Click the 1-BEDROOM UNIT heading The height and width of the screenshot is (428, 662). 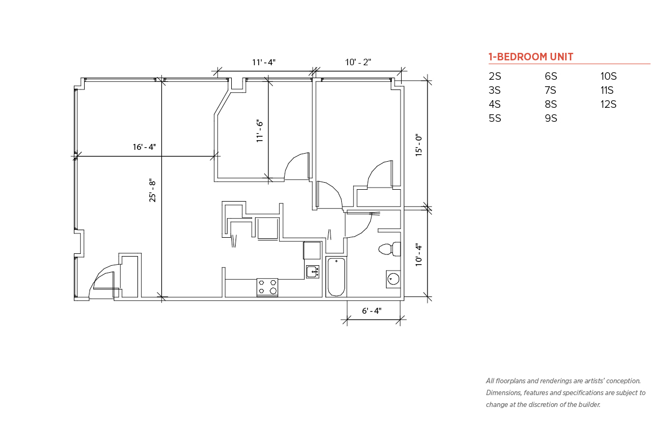(x=531, y=57)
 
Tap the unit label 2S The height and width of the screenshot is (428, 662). (x=495, y=76)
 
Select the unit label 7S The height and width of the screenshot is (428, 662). (x=550, y=90)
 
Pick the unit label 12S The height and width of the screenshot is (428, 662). (x=608, y=105)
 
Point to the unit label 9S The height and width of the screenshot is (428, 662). (x=551, y=118)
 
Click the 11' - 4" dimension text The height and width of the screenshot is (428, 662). (x=264, y=63)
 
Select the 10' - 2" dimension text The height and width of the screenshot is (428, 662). (x=358, y=62)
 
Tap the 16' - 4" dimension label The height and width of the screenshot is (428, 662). (x=144, y=147)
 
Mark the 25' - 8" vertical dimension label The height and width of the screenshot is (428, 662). (x=152, y=190)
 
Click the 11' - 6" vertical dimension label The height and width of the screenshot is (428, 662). (x=259, y=131)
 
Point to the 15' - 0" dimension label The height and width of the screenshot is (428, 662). (x=419, y=145)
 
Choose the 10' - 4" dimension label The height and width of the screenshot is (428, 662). (x=419, y=255)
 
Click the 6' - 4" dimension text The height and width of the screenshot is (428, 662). (x=372, y=310)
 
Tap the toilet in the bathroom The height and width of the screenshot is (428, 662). (x=390, y=249)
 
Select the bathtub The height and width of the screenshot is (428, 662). (x=336, y=277)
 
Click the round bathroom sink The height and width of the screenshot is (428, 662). (x=394, y=279)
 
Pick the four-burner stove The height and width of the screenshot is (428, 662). (x=267, y=287)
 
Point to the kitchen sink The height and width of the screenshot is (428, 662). (x=313, y=272)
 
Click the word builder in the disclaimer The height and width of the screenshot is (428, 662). (x=589, y=405)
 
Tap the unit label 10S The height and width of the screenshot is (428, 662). (x=609, y=76)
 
